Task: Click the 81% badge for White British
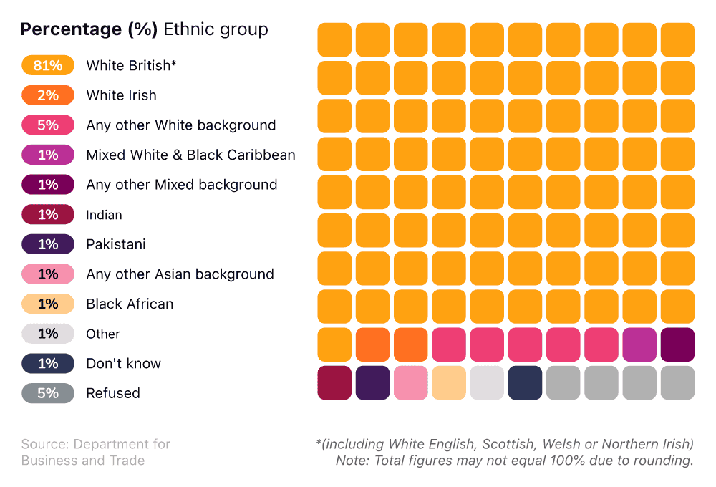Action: click(x=48, y=65)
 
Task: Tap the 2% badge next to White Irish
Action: click(x=48, y=95)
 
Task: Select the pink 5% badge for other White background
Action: click(x=48, y=125)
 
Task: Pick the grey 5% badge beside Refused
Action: click(x=48, y=393)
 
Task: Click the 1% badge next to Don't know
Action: click(x=48, y=363)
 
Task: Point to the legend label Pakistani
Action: click(x=115, y=244)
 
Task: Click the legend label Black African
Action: click(x=130, y=304)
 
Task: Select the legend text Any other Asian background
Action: click(x=180, y=274)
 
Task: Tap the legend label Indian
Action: click(x=104, y=215)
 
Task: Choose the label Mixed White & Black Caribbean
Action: click(x=190, y=155)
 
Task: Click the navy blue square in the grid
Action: click(x=525, y=382)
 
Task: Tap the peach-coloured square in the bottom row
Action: click(x=449, y=382)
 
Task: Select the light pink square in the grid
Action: click(x=411, y=382)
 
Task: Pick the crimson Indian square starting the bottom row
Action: click(x=334, y=382)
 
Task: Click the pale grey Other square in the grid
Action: click(x=487, y=382)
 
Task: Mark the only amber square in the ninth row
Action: click(x=334, y=344)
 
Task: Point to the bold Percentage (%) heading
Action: click(x=89, y=29)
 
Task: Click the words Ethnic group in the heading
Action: click(x=216, y=29)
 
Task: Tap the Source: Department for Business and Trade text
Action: click(x=96, y=452)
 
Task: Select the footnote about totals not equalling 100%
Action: click(x=514, y=461)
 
